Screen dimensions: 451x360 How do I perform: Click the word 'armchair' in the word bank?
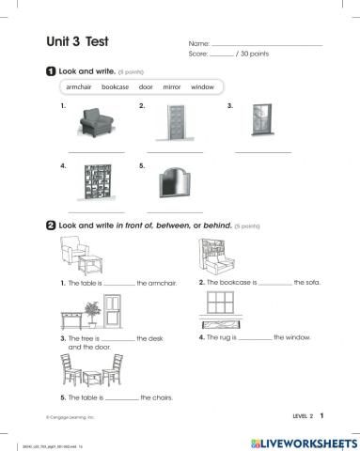tap(82, 86)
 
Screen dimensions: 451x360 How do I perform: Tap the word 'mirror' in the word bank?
tap(172, 86)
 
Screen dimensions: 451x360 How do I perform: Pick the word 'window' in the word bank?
tap(202, 86)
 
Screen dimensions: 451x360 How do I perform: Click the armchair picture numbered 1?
tap(96, 122)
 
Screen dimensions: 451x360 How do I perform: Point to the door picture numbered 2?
tap(175, 122)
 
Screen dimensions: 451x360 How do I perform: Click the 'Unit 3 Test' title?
tap(78, 41)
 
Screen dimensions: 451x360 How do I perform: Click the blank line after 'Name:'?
tap(267, 44)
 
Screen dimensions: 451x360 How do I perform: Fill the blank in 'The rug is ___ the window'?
tap(253, 335)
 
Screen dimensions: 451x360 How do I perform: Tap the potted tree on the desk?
tap(91, 309)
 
